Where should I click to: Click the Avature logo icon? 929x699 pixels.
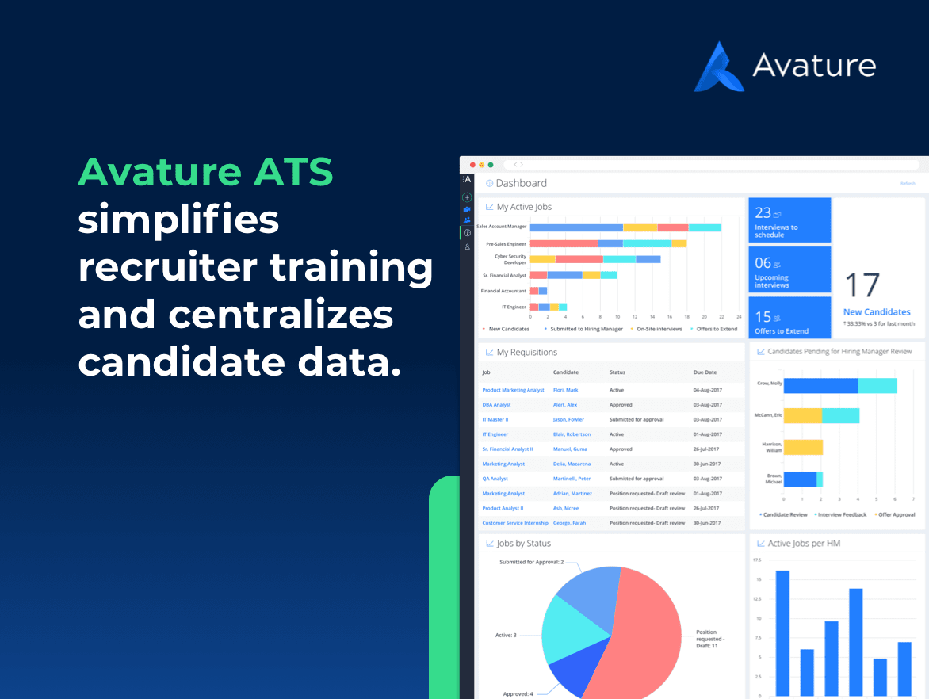[x=719, y=67]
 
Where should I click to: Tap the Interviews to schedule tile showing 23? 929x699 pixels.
[x=789, y=220]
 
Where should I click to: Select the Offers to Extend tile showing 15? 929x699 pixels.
[x=789, y=321]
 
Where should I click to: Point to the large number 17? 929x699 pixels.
[x=862, y=286]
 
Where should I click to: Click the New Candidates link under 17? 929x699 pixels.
[x=876, y=312]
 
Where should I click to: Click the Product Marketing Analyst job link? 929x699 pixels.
[x=513, y=390]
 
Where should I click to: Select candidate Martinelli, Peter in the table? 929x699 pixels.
[x=572, y=479]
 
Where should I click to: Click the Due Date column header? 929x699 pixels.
[x=705, y=372]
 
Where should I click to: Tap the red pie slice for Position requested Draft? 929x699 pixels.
[x=642, y=634]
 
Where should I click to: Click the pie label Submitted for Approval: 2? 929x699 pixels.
[x=531, y=562]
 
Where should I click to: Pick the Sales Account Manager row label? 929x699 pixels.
[x=501, y=227]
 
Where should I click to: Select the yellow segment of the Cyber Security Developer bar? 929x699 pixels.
[x=542, y=258]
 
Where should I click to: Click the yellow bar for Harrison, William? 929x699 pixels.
[x=802, y=447]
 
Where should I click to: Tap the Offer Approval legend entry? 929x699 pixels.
[x=897, y=514]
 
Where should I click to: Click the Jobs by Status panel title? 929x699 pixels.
[x=523, y=544]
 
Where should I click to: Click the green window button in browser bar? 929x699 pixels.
[x=491, y=165]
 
